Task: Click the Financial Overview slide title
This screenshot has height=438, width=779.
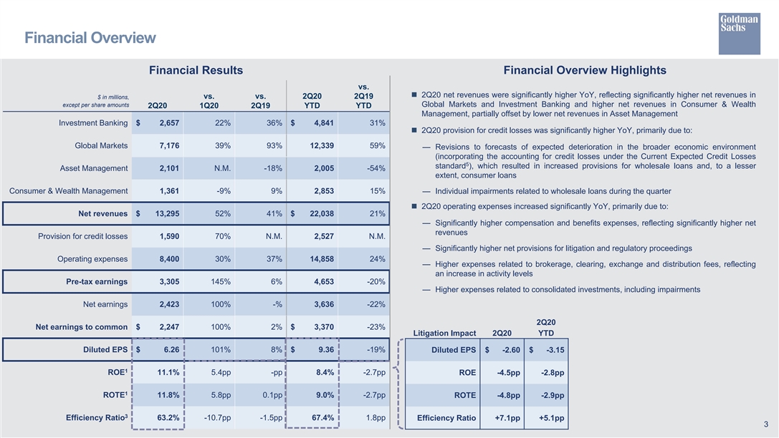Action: (90, 37)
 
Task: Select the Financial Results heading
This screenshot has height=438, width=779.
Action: (196, 70)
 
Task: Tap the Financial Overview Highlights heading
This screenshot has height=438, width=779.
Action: (585, 70)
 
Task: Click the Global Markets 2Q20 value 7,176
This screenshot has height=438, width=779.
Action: (165, 146)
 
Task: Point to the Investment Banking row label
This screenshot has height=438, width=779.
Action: (93, 123)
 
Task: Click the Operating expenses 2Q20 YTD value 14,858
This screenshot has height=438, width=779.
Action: (314, 259)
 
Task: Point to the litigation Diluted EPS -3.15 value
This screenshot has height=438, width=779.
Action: (551, 350)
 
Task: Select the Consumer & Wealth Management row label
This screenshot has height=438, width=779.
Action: (68, 191)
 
